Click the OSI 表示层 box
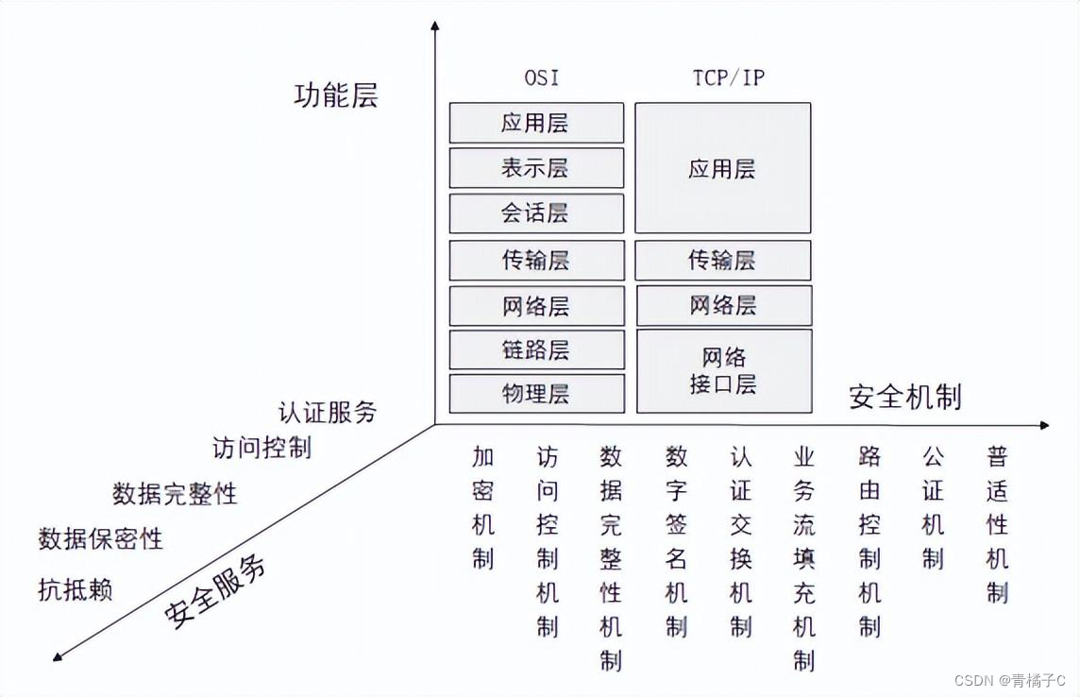tap(535, 168)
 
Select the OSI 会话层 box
tap(535, 213)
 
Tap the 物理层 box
tap(535, 394)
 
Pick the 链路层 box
tap(535, 349)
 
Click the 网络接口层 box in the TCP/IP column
tap(723, 371)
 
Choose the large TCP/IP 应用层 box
tap(722, 168)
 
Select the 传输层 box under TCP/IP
tap(722, 260)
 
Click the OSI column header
tap(542, 77)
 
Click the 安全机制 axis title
tap(904, 397)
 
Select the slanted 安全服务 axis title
tap(215, 591)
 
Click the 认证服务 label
tap(327, 412)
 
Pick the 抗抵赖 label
tap(76, 590)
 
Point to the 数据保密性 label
tap(100, 539)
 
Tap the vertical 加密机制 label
tap(483, 508)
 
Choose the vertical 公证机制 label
tap(933, 508)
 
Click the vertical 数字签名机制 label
tap(676, 542)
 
